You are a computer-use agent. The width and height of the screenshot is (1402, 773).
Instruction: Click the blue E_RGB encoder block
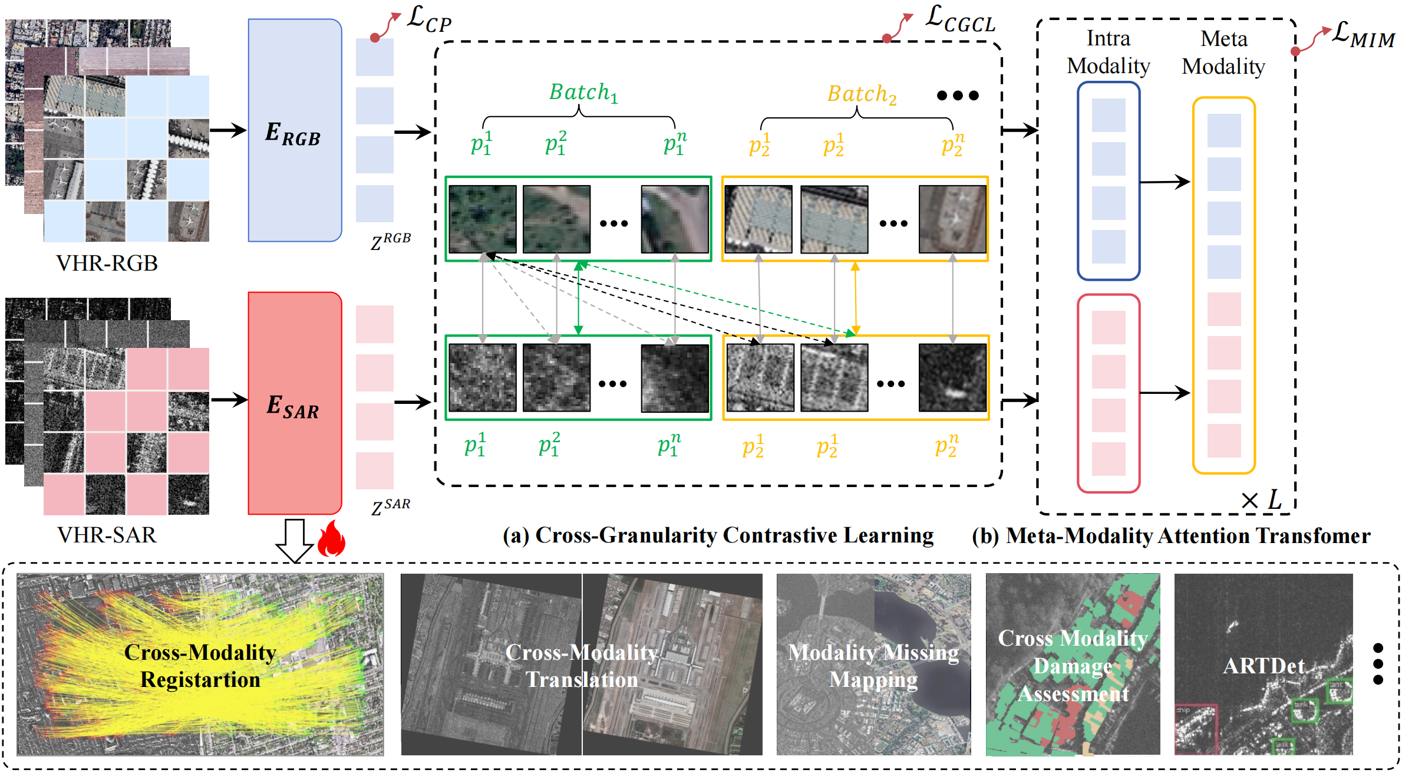point(295,130)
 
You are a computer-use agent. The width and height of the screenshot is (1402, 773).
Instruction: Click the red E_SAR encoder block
point(295,403)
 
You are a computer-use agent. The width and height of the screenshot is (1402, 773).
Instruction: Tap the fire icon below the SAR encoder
point(331,539)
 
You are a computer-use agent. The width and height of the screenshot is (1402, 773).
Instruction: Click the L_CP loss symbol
point(430,20)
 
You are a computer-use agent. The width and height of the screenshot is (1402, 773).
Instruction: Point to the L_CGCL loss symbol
point(960,19)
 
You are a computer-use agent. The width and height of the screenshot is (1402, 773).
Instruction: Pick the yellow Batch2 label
point(862,94)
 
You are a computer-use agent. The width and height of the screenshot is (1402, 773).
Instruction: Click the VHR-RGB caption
point(107,263)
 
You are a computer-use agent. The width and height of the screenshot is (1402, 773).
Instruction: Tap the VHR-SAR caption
point(107,535)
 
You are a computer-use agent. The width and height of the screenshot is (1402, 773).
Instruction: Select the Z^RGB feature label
point(391,241)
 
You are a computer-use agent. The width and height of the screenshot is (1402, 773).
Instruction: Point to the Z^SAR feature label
point(391,506)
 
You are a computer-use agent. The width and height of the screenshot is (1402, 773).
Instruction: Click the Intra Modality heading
point(1109,52)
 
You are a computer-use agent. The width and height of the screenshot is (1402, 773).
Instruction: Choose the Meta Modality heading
point(1223,52)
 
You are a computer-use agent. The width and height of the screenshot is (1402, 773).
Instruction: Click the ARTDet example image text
point(1264,666)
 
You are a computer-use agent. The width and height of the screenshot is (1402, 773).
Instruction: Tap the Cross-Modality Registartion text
point(200,666)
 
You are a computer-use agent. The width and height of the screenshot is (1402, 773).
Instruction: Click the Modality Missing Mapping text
point(873,666)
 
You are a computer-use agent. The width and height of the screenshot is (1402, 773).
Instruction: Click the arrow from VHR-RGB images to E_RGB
point(228,130)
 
